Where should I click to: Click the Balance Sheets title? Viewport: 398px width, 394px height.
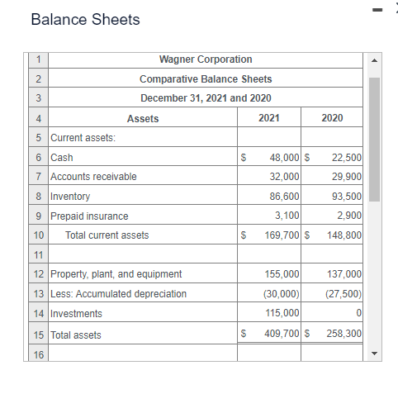click(x=85, y=19)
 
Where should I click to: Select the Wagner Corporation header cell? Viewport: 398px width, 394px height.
click(x=206, y=59)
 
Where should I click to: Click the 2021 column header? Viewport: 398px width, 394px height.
click(x=268, y=118)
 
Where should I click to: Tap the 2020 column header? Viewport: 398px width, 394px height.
click(x=332, y=118)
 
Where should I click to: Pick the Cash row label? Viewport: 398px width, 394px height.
click(x=62, y=157)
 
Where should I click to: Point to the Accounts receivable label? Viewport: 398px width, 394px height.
click(x=93, y=177)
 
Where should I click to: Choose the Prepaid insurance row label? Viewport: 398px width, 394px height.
click(x=89, y=216)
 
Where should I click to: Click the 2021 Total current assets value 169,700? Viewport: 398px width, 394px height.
click(x=282, y=235)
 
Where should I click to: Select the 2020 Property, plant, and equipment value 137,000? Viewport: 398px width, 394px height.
click(x=344, y=274)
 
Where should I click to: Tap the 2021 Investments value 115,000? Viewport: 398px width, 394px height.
click(x=282, y=314)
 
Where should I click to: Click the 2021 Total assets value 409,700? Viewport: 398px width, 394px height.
click(x=282, y=335)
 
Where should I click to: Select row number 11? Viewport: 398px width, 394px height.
click(x=39, y=255)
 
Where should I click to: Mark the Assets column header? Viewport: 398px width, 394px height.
click(x=143, y=118)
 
